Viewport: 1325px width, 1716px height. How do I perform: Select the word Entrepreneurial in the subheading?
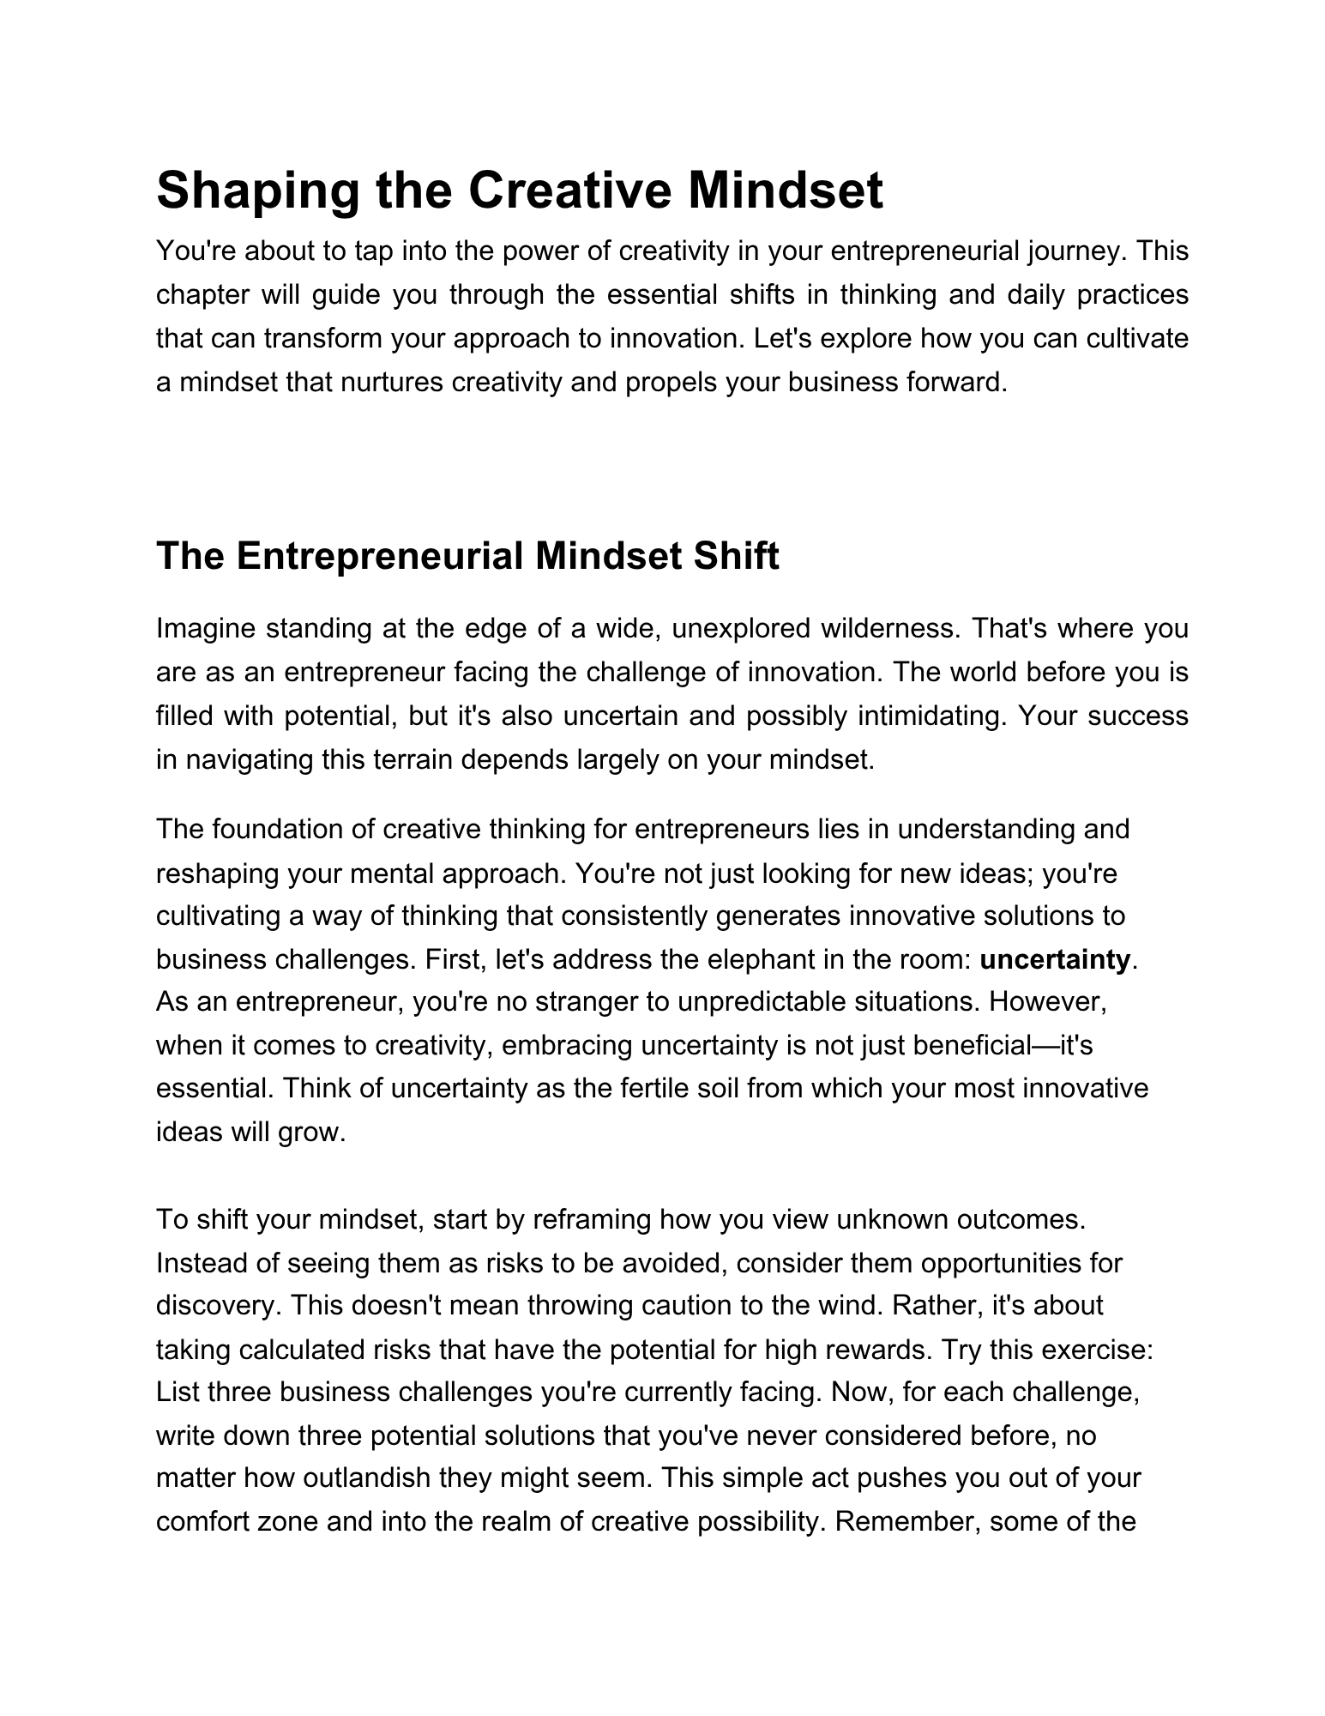[379, 556]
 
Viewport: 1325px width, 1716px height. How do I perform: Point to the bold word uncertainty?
[1054, 959]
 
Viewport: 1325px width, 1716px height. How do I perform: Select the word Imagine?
[206, 629]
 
